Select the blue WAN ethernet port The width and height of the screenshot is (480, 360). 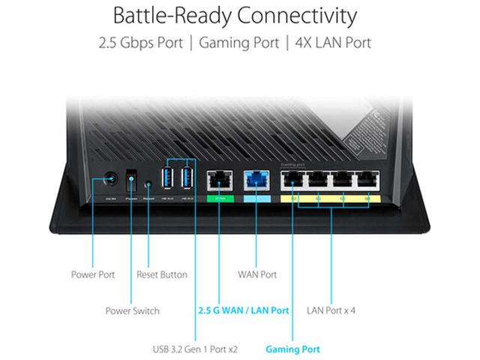(x=255, y=180)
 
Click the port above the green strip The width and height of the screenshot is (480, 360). (x=220, y=180)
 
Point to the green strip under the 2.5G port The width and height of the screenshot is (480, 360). (x=220, y=199)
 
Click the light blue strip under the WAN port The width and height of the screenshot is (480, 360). (x=255, y=199)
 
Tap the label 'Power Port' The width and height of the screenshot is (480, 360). (x=94, y=275)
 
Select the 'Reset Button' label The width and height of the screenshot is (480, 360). (x=162, y=275)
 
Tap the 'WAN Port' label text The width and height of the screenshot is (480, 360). (x=257, y=275)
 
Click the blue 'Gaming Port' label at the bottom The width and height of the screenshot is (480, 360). (x=292, y=349)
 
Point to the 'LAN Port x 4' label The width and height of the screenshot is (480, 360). (x=331, y=310)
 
